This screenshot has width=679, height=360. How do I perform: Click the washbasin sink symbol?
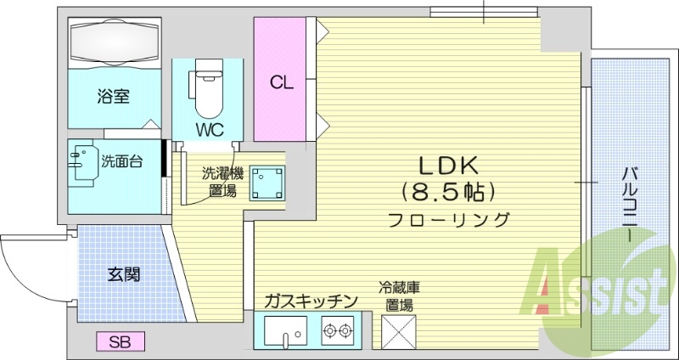[82, 161]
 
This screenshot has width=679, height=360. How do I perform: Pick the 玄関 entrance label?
[123, 274]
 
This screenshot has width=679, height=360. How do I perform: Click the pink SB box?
[120, 341]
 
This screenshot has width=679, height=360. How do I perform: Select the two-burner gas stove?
[338, 329]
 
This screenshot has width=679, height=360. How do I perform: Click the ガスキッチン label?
[311, 301]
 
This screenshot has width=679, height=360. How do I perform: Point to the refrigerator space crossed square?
[398, 331]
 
